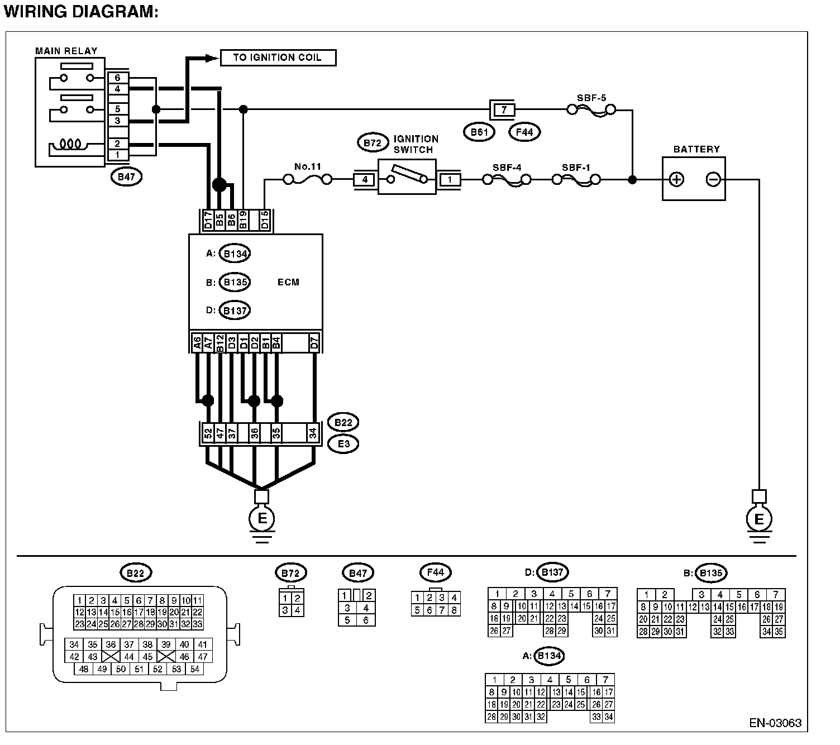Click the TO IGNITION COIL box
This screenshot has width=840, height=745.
point(278,58)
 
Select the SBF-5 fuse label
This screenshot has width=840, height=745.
point(591,98)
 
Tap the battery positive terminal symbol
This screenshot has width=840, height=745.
point(676,179)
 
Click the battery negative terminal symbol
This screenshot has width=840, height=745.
point(713,179)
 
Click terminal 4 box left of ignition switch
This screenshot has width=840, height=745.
point(365,180)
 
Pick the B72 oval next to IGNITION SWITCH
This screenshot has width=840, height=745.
point(372,143)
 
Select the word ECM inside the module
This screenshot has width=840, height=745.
point(288,282)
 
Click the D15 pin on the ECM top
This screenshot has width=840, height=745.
point(265,220)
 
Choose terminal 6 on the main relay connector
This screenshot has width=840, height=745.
point(118,78)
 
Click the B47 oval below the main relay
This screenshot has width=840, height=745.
point(127,177)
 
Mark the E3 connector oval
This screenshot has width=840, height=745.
point(343,444)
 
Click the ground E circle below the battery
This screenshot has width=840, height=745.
point(758,519)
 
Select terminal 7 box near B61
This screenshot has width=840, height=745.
point(504,109)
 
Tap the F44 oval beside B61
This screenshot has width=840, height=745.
point(524,132)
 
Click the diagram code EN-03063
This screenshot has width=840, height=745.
point(775,723)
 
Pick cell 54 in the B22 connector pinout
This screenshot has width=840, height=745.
point(194,669)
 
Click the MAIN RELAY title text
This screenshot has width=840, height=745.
point(66,51)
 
